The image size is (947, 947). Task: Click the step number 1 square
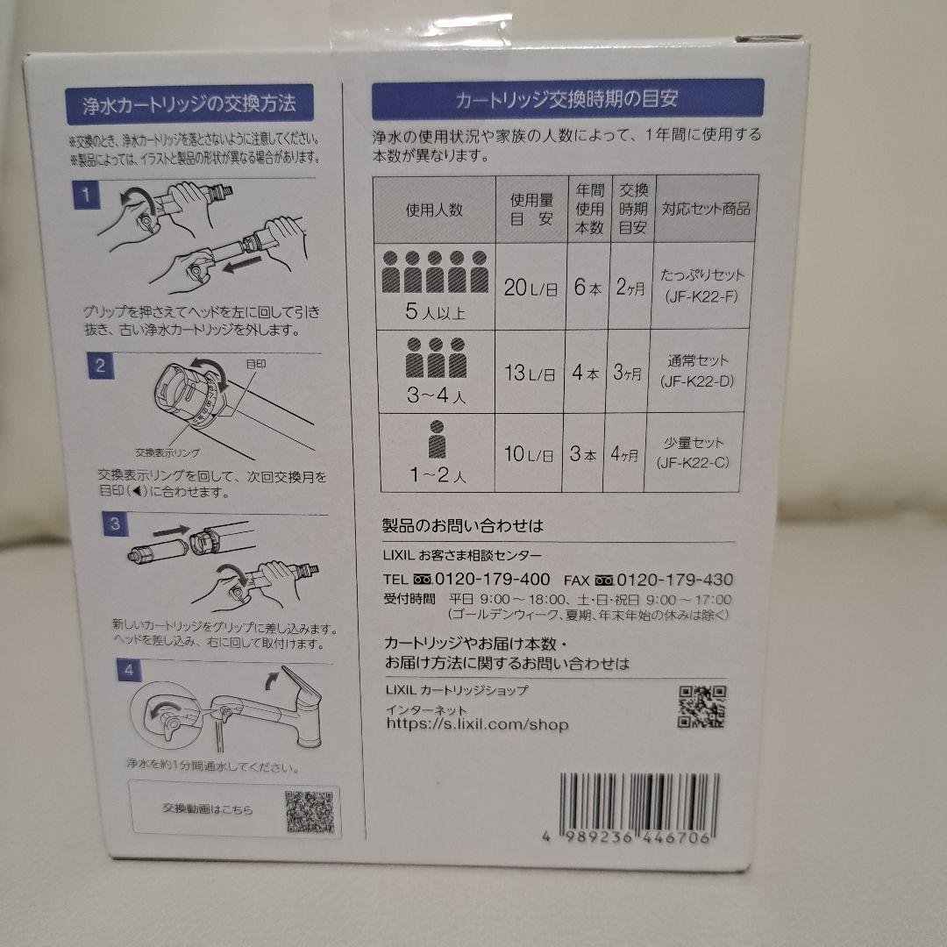click(87, 195)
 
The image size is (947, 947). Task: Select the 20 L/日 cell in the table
click(530, 288)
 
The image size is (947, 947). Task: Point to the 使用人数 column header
click(434, 210)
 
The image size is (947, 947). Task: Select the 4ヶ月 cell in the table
click(628, 454)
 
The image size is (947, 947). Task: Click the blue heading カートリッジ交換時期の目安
click(567, 99)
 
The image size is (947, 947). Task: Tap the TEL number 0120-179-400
click(494, 580)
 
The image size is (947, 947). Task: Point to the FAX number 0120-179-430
click(675, 580)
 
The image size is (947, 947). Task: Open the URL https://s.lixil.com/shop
click(477, 724)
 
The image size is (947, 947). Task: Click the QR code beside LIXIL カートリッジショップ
click(702, 707)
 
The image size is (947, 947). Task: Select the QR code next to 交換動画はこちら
click(309, 812)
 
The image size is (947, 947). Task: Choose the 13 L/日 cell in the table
click(530, 373)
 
